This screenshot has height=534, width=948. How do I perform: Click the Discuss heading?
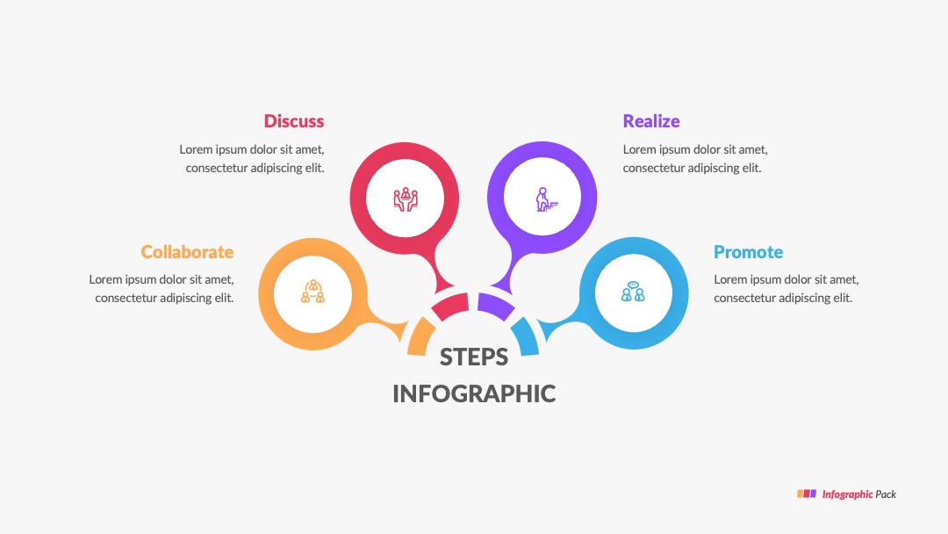coord(294,121)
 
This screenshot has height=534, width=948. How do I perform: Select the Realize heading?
coord(651,121)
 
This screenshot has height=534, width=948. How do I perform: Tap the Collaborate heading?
coord(187,251)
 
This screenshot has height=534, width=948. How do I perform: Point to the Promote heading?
coord(748,251)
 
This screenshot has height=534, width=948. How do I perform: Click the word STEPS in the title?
coord(474,357)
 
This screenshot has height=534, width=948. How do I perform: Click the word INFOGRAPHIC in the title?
coord(474,393)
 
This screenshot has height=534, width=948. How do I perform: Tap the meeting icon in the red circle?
coord(405,198)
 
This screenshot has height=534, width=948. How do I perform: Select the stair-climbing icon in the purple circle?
coord(546,199)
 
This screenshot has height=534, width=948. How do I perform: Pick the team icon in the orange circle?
coord(312,292)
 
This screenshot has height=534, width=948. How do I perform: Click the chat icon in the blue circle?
coord(633,292)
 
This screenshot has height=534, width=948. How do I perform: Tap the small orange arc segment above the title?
coord(420,337)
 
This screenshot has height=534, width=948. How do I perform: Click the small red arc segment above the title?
coord(451,306)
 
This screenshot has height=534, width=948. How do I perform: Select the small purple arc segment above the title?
coord(495,306)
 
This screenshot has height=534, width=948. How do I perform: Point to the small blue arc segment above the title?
coord(526,337)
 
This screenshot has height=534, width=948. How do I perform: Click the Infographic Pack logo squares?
coord(807,494)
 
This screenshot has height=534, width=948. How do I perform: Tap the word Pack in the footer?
coord(886,494)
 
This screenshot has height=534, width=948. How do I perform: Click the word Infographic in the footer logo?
coord(847,494)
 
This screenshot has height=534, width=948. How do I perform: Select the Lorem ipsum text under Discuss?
coord(252,158)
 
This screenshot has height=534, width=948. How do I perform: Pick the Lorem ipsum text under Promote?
coord(786,288)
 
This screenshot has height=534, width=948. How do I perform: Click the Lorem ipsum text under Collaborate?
coord(162,288)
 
